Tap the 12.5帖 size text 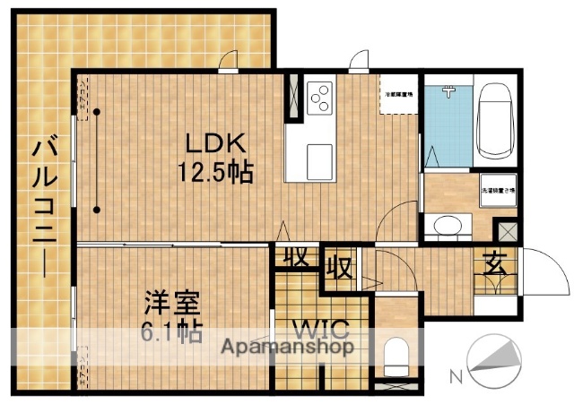tap(217, 171)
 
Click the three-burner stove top tap(319, 95)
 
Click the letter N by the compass tap(455, 376)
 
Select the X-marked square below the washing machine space tap(507, 230)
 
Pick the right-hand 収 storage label tap(338, 266)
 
